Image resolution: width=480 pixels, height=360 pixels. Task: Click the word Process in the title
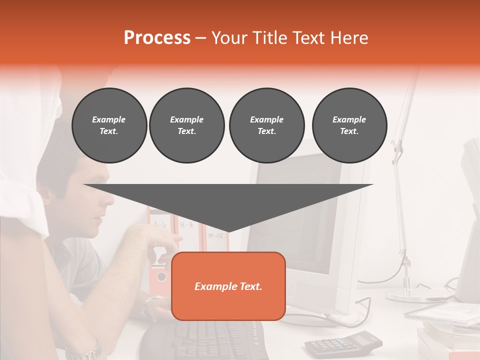pos(157,38)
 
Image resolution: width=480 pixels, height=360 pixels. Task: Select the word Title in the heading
pos(271,38)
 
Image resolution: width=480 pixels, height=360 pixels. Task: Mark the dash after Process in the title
pos(200,38)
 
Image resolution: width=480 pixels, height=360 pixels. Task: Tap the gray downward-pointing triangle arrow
pos(228,205)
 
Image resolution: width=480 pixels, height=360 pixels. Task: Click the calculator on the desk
pos(343,344)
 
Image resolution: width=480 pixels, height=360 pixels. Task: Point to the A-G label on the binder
pos(160,225)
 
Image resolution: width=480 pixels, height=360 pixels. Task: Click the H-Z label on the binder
pos(186,225)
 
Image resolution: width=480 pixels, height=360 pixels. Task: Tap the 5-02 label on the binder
pos(216,236)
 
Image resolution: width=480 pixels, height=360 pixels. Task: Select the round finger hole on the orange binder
pos(161,276)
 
